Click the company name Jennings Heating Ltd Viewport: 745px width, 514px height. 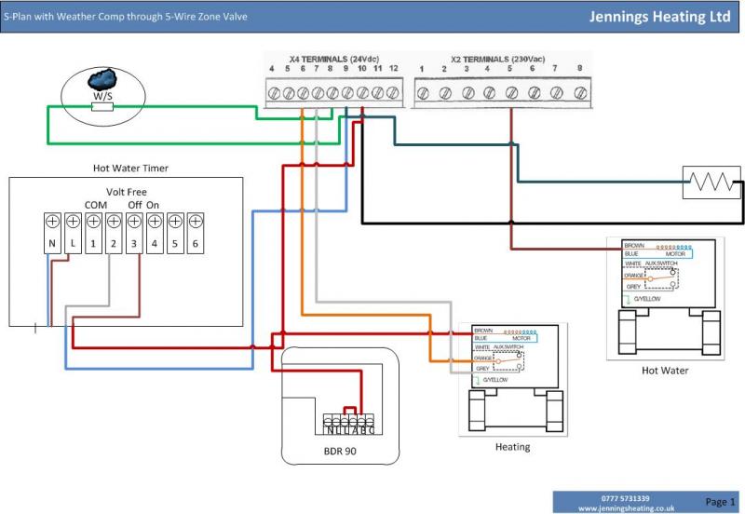659,17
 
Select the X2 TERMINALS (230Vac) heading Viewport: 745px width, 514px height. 499,59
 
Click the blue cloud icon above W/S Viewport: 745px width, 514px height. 103,77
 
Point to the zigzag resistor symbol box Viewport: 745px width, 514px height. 711,183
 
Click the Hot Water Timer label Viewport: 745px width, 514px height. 130,169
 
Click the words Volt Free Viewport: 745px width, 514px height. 127,192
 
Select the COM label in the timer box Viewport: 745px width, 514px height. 96,205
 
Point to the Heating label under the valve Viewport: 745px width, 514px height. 512,447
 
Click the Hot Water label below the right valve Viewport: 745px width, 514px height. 665,371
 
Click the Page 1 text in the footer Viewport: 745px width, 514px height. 720,502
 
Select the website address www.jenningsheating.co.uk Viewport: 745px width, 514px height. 626,508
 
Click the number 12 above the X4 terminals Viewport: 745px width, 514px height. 393,69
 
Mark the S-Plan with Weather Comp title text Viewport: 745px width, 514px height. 127,17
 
